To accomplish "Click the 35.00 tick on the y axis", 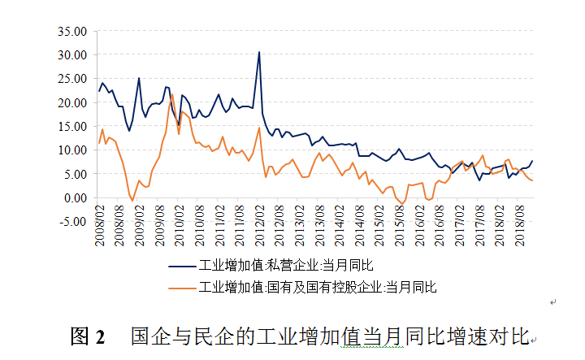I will coord(71,31).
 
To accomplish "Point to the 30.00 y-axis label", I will coord(71,54).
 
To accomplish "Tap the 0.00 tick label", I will coord(74,197).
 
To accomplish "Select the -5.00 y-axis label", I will coord(72,221).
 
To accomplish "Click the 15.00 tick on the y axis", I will coord(71,126).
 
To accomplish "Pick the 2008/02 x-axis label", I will coord(100,228).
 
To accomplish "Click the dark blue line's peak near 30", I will coord(259,52).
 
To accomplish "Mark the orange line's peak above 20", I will coord(172,95).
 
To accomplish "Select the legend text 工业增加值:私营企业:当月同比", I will coord(285,265).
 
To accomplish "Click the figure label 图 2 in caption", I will coord(89,336).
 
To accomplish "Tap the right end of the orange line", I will coord(532,180).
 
